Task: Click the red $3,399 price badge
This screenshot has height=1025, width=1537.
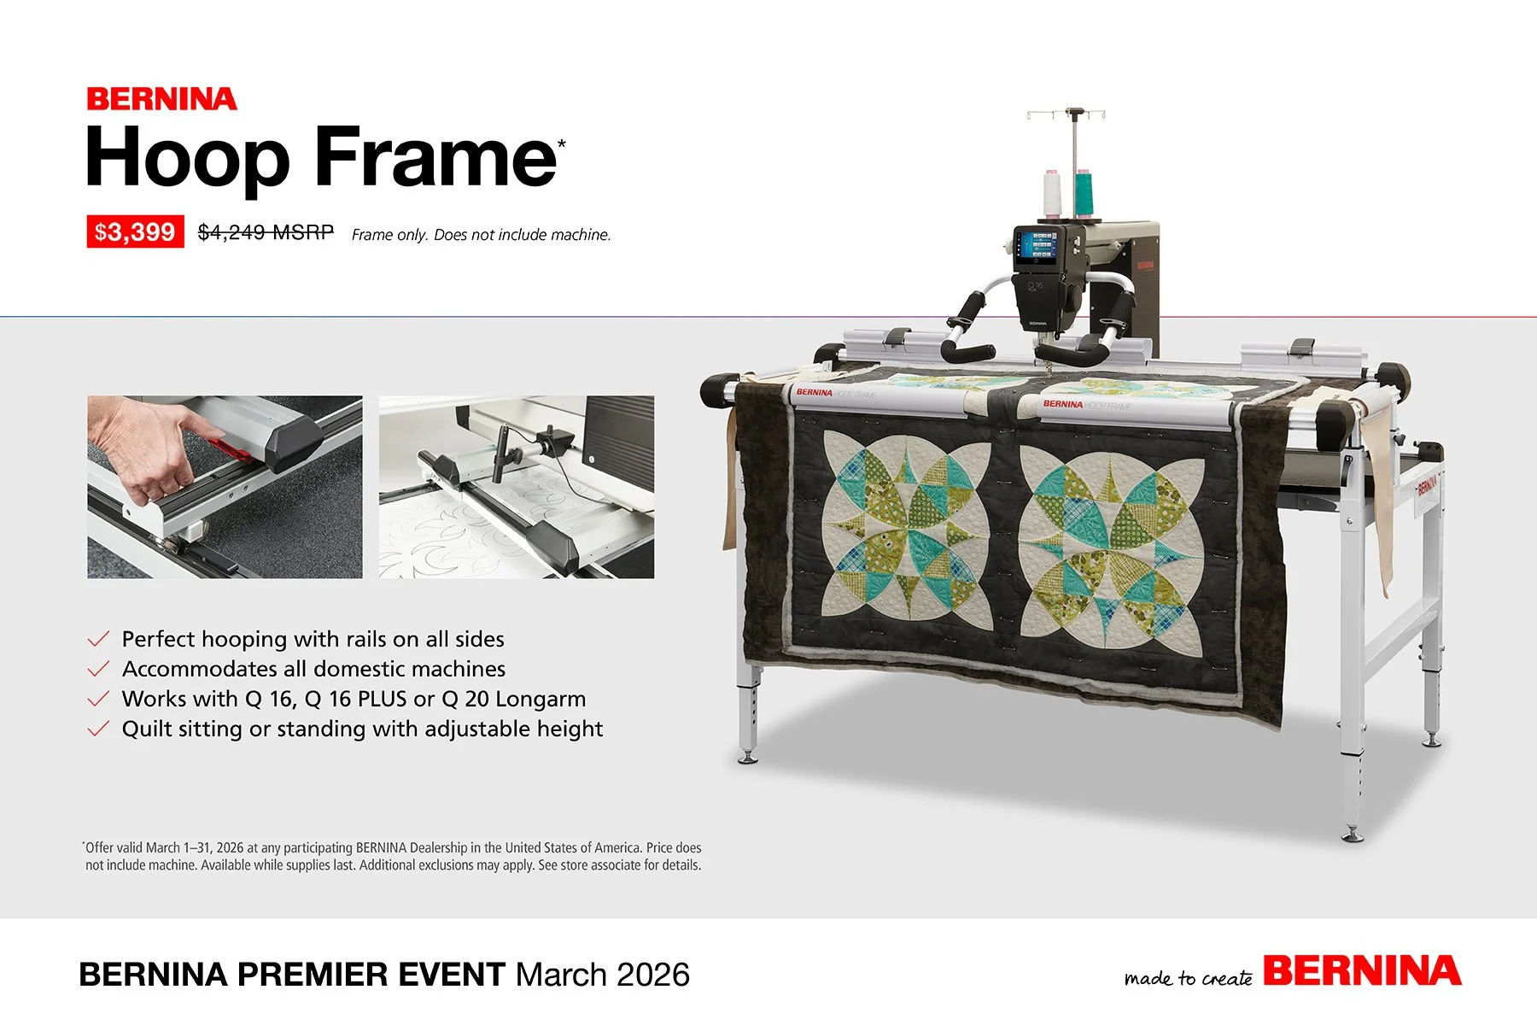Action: pos(135,231)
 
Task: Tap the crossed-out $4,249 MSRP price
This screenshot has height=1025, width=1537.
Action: pos(266,232)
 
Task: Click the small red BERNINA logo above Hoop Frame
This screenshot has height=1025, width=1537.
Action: pos(161,99)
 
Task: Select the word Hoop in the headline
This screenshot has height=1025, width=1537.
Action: pos(188,158)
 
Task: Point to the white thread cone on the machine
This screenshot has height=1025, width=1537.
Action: pos(1051,192)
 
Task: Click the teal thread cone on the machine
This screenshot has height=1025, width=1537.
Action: pos(1083,192)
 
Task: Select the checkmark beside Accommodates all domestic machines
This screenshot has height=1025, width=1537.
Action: pos(98,669)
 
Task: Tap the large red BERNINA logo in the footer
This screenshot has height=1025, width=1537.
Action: pos(1362,971)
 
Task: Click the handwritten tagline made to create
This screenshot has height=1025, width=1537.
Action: pos(1188,978)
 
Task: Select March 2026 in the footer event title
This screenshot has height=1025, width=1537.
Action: pos(602,975)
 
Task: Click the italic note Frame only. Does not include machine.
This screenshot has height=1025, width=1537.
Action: pos(481,235)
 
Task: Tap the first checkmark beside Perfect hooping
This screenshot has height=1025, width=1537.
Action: pos(98,639)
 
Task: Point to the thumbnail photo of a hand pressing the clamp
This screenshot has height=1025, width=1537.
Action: pos(225,487)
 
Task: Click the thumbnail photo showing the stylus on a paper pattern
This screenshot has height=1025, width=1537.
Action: pos(516,487)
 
